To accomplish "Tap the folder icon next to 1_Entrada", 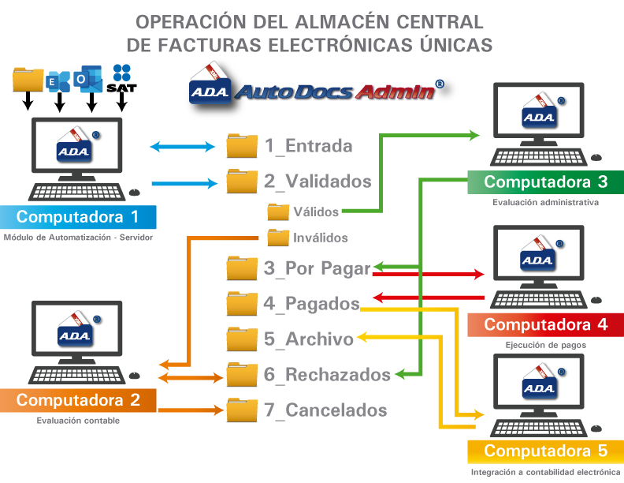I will coord(242,146).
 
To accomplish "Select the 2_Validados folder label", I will coord(318,182).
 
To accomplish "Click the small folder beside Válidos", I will coord(278,212).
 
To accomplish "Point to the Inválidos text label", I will coord(321,237).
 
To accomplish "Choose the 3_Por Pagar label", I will coord(317,268).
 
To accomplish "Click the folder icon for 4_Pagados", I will coord(242,304).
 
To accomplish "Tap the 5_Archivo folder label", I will coord(309,339).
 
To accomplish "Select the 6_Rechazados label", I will coord(327,374).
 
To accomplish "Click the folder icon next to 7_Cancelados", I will coord(242,410).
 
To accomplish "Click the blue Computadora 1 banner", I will coord(78,217).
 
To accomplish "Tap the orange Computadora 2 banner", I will coord(78,400).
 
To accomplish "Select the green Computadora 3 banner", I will coord(545,182).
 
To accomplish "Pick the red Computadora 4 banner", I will coord(545,324).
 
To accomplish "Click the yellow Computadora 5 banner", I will coord(545,451).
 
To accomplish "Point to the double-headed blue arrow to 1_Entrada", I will coord(183,146).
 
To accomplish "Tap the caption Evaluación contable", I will coord(78,421).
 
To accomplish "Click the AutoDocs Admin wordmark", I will coord(337,91).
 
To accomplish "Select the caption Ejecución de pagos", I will coord(545,345).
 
